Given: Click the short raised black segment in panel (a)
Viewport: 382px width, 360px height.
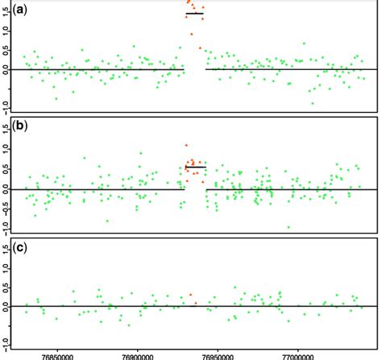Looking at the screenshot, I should (x=195, y=14).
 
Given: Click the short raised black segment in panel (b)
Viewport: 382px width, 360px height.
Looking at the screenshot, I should (x=195, y=168).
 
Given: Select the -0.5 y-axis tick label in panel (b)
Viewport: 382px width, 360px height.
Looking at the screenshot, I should (x=6, y=208).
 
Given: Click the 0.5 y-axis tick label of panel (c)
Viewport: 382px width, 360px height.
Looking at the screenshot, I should (x=6, y=288).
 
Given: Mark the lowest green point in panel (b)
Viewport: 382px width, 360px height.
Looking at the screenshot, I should (x=288, y=227).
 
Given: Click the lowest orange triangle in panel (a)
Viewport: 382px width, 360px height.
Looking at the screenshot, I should (x=201, y=48).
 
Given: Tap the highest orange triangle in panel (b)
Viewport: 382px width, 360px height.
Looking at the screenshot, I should (x=187, y=145).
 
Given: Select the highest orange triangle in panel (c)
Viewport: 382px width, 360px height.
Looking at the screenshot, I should (x=190, y=295).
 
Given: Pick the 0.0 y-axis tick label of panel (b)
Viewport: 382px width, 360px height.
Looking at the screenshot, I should (x=6, y=188).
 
